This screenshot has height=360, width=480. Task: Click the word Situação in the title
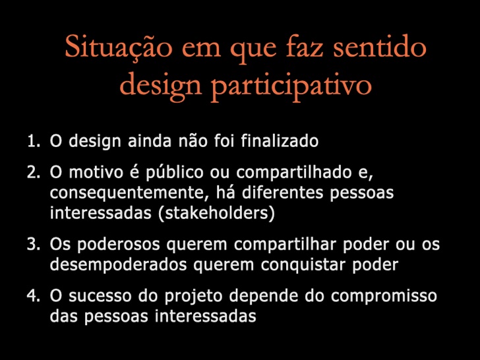pyautogui.click(x=119, y=47)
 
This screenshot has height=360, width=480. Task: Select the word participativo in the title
pyautogui.click(x=291, y=85)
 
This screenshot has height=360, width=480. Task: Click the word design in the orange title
pyautogui.click(x=161, y=85)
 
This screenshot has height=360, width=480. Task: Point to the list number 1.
pyautogui.click(x=34, y=141)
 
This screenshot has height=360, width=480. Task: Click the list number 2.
pyautogui.click(x=34, y=172)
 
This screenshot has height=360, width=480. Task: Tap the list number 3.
pyautogui.click(x=34, y=244)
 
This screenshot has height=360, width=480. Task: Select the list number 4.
pyautogui.click(x=34, y=296)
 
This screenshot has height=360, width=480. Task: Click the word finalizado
pyautogui.click(x=280, y=141)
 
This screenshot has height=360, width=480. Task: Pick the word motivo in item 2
pyautogui.click(x=96, y=172)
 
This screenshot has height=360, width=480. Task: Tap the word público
pyautogui.click(x=175, y=173)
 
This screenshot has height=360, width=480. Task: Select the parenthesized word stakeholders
pyautogui.click(x=217, y=214)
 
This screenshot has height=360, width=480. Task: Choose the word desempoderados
pyautogui.click(x=119, y=265)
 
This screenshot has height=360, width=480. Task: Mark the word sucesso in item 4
pyautogui.click(x=100, y=296)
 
